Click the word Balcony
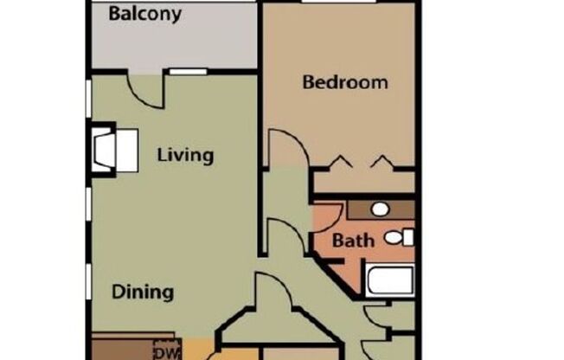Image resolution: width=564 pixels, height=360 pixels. (144, 15)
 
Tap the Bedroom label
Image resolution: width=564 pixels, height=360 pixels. (344, 83)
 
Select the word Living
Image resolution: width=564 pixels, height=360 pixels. (185, 156)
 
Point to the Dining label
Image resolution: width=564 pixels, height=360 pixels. (143, 292)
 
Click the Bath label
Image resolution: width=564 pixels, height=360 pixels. (354, 240)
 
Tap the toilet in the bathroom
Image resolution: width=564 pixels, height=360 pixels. (398, 236)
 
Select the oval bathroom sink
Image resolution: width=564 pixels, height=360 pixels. (379, 209)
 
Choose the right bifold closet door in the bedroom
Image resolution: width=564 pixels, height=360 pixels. (381, 161)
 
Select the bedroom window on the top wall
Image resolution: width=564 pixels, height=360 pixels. (338, 3)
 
